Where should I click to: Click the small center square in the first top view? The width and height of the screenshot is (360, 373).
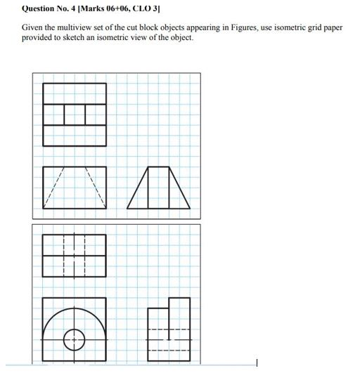click(75, 114)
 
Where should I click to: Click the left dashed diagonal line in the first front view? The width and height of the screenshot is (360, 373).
click(53, 188)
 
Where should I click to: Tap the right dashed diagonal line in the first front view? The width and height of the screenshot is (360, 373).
click(96, 188)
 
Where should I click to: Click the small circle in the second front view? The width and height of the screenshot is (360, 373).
click(75, 341)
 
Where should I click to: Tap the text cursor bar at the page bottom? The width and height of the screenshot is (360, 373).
click(257, 362)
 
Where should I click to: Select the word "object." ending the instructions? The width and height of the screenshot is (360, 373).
click(181, 37)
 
